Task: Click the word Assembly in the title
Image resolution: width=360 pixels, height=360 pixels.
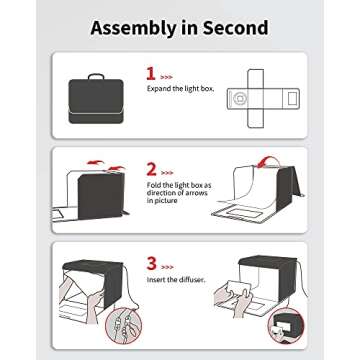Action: point(133,29)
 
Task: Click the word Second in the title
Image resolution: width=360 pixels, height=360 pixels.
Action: point(236,28)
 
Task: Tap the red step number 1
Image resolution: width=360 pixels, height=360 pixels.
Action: point(151,74)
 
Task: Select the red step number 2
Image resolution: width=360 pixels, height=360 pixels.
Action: point(151,169)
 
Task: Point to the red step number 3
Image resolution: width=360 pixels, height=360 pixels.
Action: point(152,264)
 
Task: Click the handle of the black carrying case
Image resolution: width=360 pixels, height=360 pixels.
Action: point(96,76)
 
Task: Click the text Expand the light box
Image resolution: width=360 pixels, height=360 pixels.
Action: point(180,89)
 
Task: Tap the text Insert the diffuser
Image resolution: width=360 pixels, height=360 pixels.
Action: point(176,279)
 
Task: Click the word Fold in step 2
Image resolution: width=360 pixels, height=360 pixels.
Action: point(154,185)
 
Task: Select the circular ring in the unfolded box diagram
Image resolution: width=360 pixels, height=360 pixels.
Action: point(239,98)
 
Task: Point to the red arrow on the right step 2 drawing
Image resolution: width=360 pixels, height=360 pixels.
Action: point(266,160)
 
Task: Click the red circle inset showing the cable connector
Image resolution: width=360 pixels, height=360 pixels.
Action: point(124,326)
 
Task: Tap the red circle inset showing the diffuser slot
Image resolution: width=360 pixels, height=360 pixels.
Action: point(286,326)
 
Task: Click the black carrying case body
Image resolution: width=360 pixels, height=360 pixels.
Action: point(96,101)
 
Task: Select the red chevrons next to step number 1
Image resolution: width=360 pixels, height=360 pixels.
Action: point(166,77)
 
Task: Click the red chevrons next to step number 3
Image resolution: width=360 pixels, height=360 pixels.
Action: point(167,267)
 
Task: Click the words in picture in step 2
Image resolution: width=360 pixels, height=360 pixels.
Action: point(162,201)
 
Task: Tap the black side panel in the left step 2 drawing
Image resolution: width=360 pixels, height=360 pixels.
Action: point(101,196)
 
